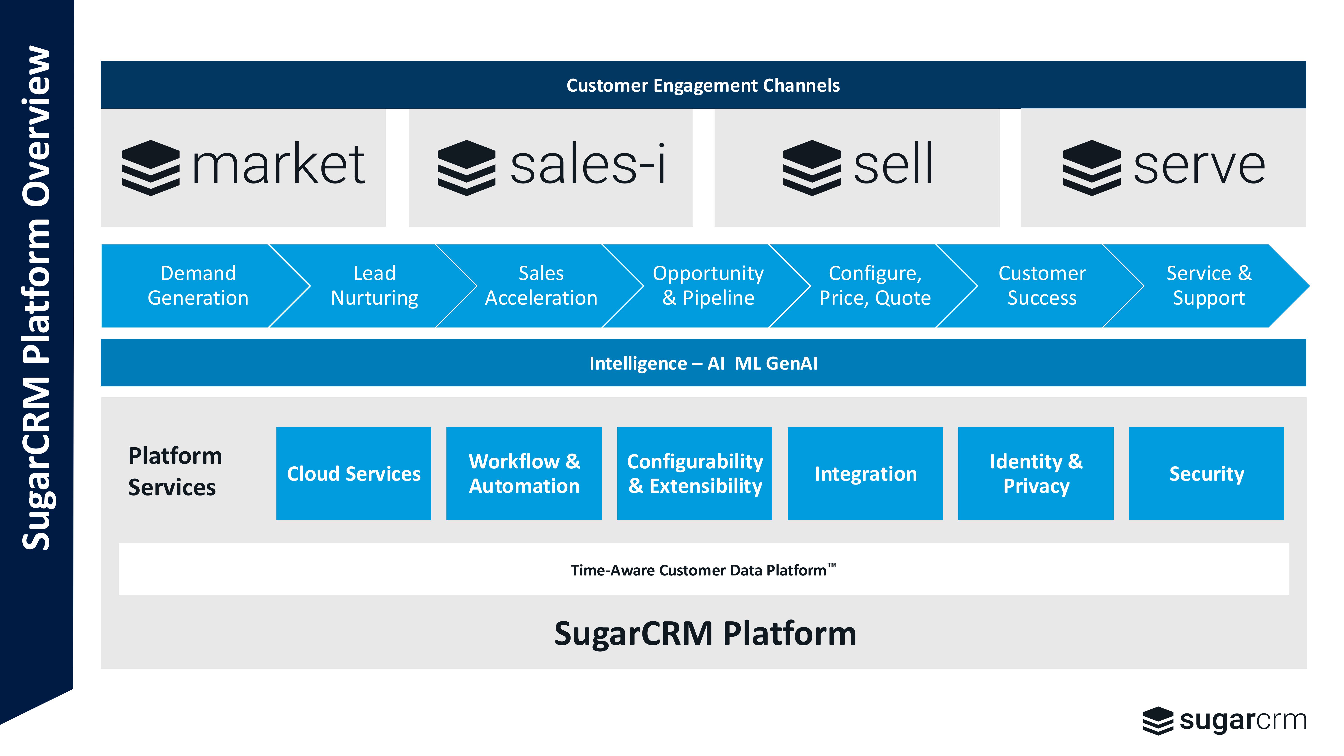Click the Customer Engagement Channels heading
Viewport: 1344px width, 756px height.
point(703,85)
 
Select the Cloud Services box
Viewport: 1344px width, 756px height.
point(354,473)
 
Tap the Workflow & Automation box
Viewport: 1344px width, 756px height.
point(524,473)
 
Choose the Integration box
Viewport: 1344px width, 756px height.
point(865,473)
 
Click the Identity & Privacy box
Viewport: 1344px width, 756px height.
point(1036,473)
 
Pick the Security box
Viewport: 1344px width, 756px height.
point(1206,473)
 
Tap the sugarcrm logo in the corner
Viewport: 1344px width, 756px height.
point(1225,721)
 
